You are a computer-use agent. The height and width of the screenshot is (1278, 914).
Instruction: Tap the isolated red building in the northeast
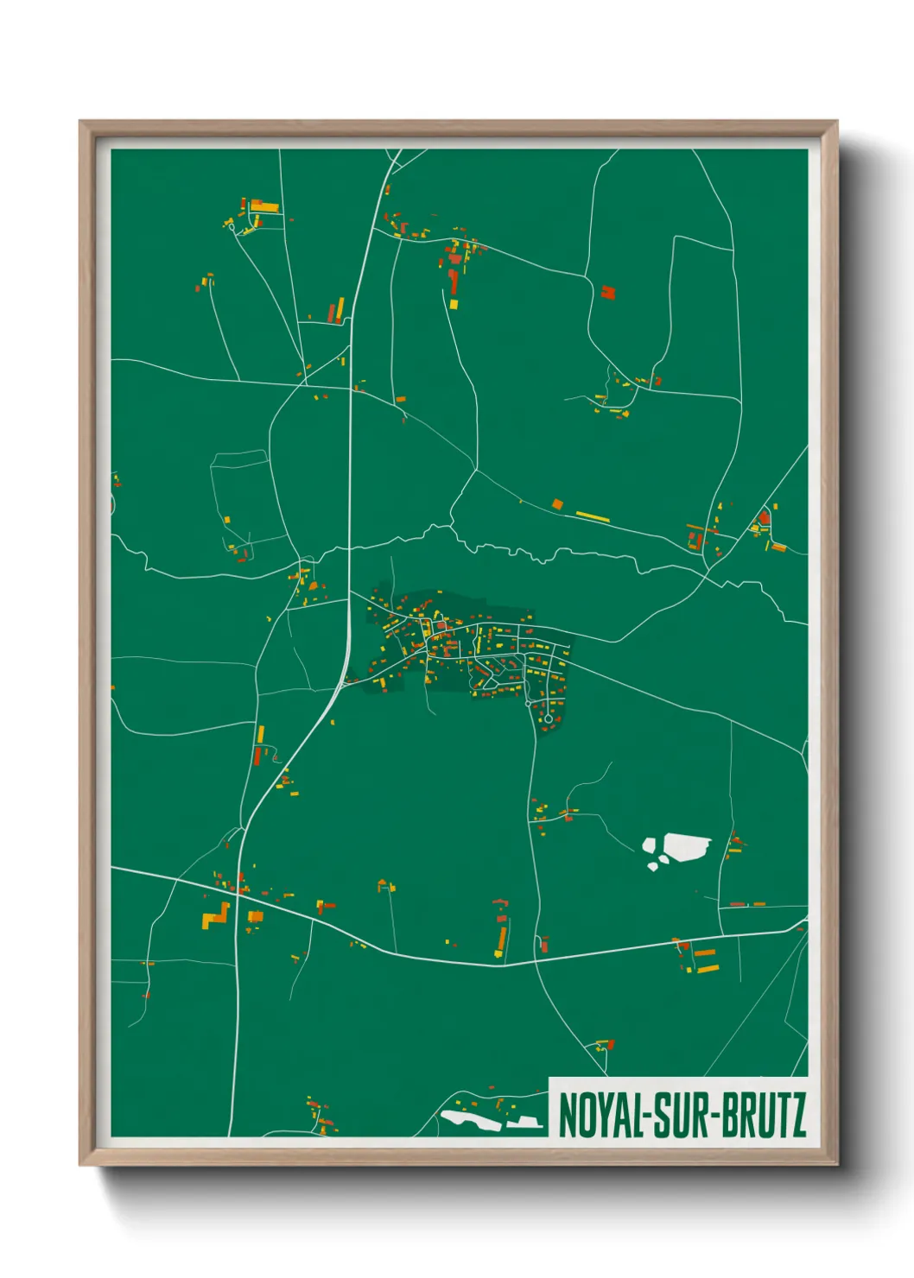608,292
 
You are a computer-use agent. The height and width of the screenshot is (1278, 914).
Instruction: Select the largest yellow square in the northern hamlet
454,304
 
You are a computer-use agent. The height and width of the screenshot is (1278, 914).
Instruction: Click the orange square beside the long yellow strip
557,503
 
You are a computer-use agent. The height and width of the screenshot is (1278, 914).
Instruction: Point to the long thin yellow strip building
593,516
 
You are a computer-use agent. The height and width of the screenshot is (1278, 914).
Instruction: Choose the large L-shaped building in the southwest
216,916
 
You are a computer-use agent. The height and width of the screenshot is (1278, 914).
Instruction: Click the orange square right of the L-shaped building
255,916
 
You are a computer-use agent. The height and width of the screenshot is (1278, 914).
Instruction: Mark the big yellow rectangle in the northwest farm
266,207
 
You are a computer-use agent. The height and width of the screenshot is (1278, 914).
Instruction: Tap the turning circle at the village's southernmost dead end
548,718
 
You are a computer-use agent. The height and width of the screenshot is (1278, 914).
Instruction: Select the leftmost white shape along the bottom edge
470,1121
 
